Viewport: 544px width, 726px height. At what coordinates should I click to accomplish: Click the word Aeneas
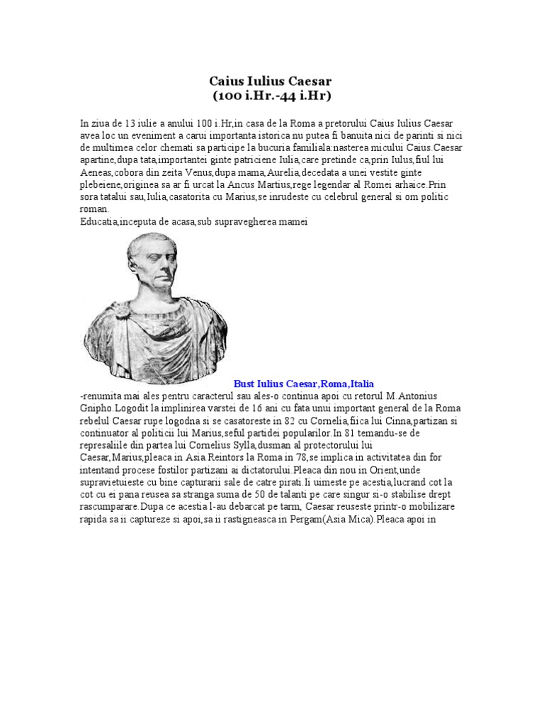[95, 172]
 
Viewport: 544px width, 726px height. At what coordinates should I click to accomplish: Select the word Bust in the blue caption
[245, 384]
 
